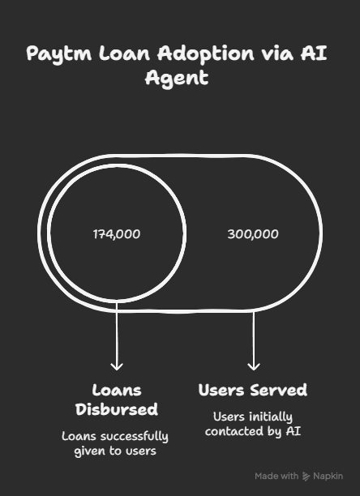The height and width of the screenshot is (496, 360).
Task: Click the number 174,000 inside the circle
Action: (x=117, y=234)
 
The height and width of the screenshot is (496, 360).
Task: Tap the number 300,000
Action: (x=253, y=234)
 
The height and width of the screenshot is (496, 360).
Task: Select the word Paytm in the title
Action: (x=59, y=54)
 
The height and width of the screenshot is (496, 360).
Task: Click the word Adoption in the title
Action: (x=206, y=53)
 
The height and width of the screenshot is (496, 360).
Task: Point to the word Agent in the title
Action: (x=177, y=79)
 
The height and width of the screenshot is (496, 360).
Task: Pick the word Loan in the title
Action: (x=124, y=53)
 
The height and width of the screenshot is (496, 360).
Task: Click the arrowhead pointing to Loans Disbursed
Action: (x=117, y=366)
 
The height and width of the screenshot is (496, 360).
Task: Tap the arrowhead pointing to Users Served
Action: (x=254, y=366)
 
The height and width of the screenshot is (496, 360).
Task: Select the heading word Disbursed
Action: (x=117, y=409)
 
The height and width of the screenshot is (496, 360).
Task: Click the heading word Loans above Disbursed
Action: (x=117, y=391)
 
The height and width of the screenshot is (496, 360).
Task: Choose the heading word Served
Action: (x=278, y=390)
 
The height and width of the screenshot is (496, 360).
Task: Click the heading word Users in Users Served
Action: (x=221, y=390)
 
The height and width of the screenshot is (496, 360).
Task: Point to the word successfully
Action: (x=134, y=437)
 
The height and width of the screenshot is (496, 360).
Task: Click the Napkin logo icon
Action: (x=306, y=477)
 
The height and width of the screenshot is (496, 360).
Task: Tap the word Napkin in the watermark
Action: (x=328, y=476)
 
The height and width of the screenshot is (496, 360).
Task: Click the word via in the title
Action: (x=277, y=53)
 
